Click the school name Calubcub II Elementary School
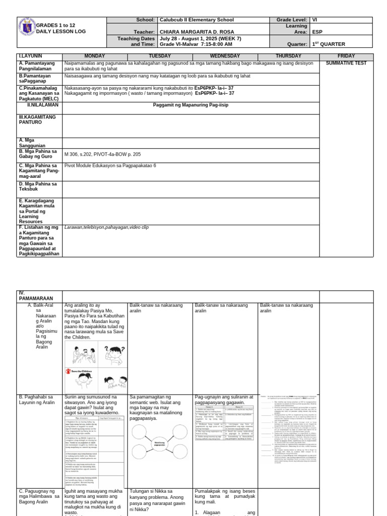tap(197, 20)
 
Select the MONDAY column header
tap(94, 56)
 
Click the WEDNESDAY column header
tap(225, 56)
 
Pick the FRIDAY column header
tap(346, 56)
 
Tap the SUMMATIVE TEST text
tap(346, 63)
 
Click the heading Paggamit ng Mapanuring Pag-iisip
tap(190, 105)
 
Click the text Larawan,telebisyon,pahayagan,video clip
tap(106, 227)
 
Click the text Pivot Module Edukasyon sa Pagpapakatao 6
tap(110, 165)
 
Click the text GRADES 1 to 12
tap(56, 25)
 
